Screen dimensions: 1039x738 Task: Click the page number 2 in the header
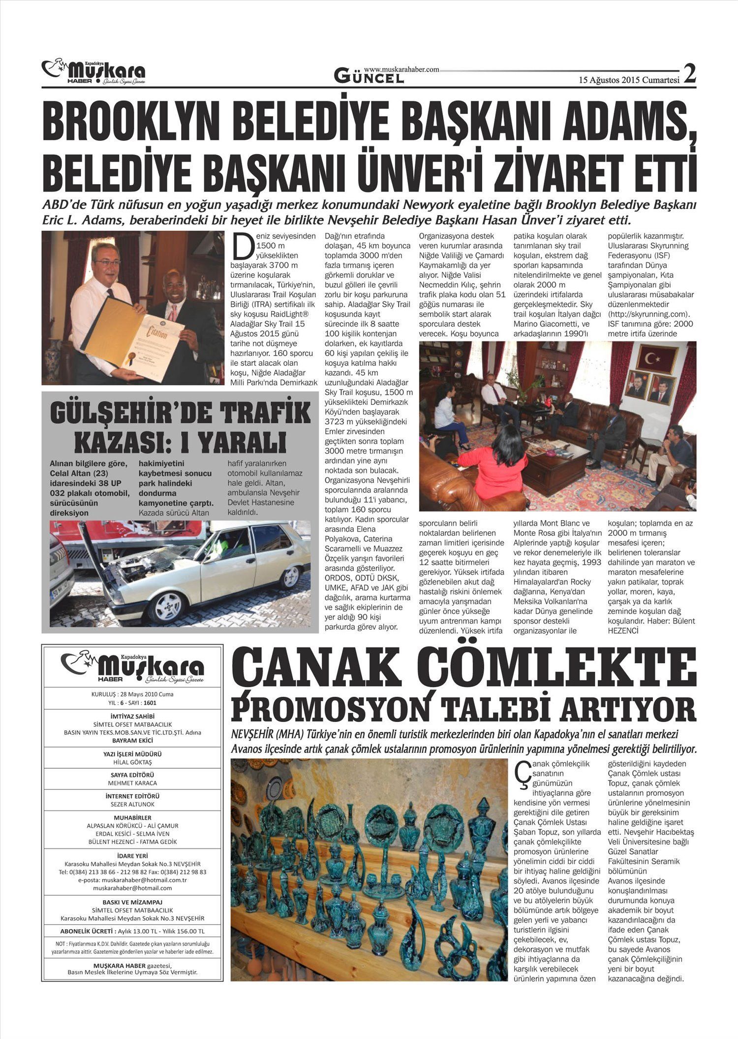[690, 75]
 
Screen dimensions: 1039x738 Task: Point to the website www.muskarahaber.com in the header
[401, 70]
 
